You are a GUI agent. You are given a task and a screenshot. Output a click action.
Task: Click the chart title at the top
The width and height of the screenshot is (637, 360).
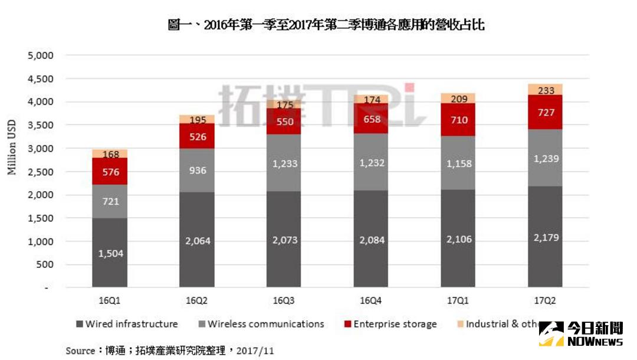326,25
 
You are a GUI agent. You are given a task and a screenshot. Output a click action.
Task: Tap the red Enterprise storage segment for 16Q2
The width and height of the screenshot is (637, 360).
197,136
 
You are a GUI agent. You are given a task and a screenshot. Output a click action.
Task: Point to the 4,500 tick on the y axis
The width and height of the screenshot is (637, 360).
41,78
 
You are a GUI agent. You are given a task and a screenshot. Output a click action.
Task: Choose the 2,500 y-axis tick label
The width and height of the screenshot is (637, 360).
41,172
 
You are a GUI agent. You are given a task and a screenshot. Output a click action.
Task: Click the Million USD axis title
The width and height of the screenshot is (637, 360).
12,148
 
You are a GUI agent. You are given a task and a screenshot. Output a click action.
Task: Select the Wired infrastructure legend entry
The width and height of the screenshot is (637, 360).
127,324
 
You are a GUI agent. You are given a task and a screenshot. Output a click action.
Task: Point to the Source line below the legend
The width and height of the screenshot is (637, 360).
170,351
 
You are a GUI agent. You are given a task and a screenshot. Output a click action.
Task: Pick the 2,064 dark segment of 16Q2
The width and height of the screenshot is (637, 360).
197,240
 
